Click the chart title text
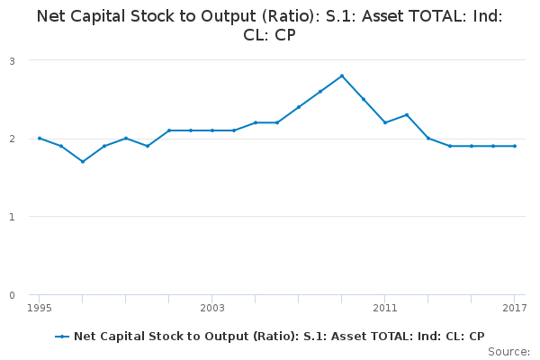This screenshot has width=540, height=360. pyautogui.click(x=270, y=25)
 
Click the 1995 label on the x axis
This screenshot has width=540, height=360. pyautogui.click(x=40, y=309)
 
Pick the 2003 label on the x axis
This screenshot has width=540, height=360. pyautogui.click(x=212, y=309)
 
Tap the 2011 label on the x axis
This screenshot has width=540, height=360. pyautogui.click(x=385, y=309)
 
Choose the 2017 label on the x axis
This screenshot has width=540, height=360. pyautogui.click(x=514, y=309)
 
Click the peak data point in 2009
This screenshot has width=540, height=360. pyautogui.click(x=342, y=76)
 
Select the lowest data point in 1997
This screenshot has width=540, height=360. pyautogui.click(x=83, y=162)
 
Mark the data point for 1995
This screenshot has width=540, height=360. pyautogui.click(x=40, y=139)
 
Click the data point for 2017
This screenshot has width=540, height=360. pyautogui.click(x=515, y=146)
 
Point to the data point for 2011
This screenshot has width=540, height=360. pyautogui.click(x=385, y=122)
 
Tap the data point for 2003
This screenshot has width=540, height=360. pyautogui.click(x=212, y=130)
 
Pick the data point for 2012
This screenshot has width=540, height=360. pyautogui.click(x=407, y=114)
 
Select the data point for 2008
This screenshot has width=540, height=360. pyautogui.click(x=320, y=91)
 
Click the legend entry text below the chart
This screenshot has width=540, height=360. pyautogui.click(x=279, y=336)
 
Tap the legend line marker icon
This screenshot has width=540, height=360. pyautogui.click(x=62, y=336)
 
